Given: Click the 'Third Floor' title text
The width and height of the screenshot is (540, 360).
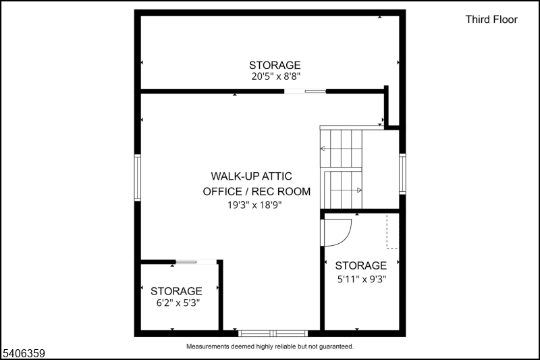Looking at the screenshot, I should tap(491, 20).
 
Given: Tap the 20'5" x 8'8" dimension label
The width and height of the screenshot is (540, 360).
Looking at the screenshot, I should tap(275, 76).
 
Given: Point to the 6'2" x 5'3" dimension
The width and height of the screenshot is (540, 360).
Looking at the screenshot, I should tap(176, 303).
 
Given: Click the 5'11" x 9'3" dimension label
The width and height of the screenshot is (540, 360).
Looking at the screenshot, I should tap(361, 278).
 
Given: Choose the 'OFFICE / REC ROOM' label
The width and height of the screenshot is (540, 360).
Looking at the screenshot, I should tap(256, 191).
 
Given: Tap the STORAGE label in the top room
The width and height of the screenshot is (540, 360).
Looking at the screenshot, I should tap(275, 65).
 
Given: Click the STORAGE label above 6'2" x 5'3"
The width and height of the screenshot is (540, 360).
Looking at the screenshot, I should tap(176, 290).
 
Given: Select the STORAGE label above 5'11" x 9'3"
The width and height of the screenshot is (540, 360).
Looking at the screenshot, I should tap(361, 265).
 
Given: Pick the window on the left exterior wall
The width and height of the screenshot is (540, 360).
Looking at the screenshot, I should tap(138, 177).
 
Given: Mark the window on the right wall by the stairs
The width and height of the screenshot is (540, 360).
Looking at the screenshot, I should tap(402, 174).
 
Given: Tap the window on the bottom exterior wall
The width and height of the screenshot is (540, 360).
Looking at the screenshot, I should tap(273, 332).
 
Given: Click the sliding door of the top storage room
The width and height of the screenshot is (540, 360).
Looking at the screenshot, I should tap(305, 91).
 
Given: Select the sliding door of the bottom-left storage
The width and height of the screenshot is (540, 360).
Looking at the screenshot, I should tap(196, 261).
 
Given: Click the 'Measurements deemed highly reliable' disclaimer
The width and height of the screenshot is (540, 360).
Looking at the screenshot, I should tap(269, 346).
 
